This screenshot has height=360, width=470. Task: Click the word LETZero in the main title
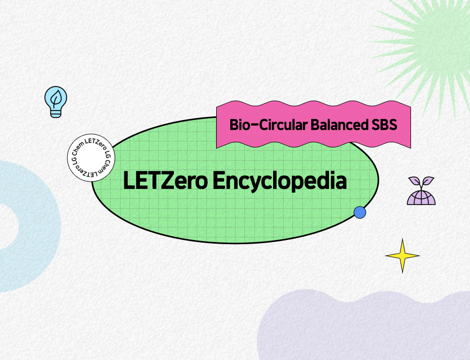coord(165,181)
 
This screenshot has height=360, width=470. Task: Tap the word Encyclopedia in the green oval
coord(280,182)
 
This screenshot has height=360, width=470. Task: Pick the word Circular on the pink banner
coord(283,125)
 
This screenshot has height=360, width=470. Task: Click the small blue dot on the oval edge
coord(360,212)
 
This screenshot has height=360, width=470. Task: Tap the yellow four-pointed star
coord(402,256)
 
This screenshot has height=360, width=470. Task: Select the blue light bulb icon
coord(56,102)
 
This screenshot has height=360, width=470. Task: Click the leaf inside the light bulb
coord(56,98)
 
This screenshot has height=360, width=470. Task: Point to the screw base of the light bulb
coord(56,113)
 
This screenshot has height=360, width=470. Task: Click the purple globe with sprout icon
coord(421,191)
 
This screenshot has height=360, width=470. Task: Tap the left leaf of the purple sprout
coord(414,181)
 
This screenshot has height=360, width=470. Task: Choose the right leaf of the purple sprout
coord(428,181)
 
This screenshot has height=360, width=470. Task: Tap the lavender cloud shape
coord(363,327)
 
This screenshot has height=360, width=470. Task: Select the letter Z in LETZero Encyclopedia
coord(167,181)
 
